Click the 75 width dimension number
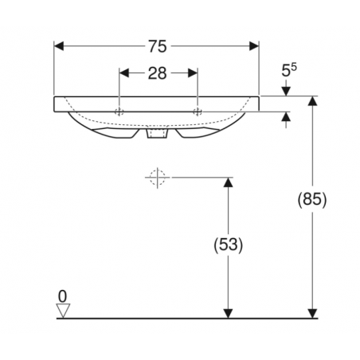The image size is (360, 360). [x=157, y=46]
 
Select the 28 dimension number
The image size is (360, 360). [x=157, y=73]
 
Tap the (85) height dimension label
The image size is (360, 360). [x=312, y=199]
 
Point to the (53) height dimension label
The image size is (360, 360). [x=229, y=245]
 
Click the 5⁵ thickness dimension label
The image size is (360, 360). [x=289, y=70]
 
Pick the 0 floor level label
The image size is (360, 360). [x=62, y=296]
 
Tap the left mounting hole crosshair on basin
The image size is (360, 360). [x=119, y=112]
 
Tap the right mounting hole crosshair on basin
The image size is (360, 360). [x=198, y=112]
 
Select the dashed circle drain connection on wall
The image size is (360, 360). [x=157, y=178]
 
